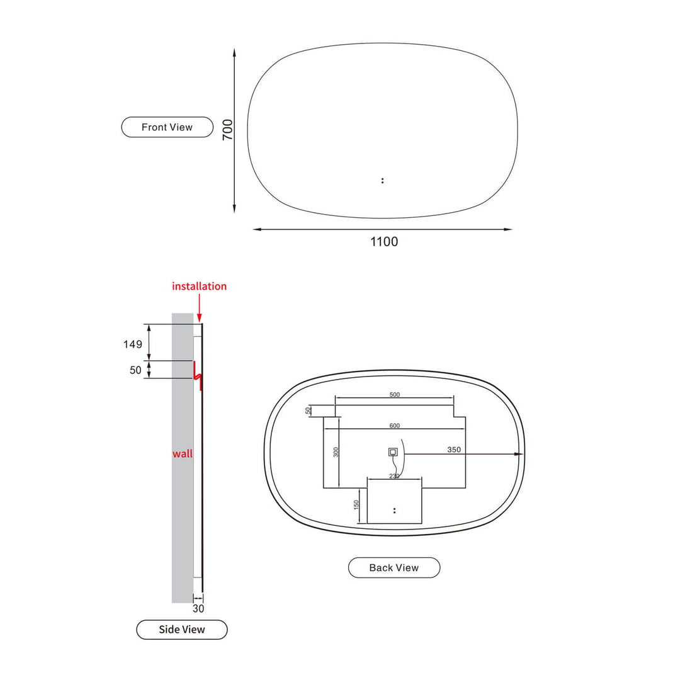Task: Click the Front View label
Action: [167, 127]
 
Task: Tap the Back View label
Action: [394, 567]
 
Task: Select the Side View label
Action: [181, 629]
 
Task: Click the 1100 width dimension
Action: [384, 241]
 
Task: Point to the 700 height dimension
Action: [228, 129]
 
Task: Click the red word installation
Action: [199, 286]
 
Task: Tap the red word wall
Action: [183, 453]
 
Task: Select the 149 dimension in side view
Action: [132, 344]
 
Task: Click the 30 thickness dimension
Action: [198, 608]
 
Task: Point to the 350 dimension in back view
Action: [454, 450]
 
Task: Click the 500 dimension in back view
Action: [395, 395]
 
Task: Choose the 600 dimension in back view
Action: [395, 426]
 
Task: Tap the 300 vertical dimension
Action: [336, 451]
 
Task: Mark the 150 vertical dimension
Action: [356, 504]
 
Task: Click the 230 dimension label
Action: [394, 476]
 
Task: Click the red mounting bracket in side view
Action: [198, 376]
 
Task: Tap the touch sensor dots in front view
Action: [382, 181]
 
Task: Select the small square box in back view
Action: [393, 451]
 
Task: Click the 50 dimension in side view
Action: [135, 370]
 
